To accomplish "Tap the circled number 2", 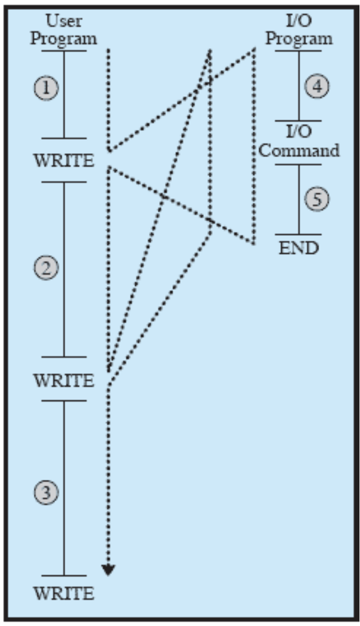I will (47, 268).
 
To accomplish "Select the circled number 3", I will (47, 493).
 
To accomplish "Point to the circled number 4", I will (316, 87).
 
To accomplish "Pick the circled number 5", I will (316, 199).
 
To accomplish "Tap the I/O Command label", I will (299, 143).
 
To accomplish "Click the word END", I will (299, 248).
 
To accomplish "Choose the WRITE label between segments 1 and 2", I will (64, 161).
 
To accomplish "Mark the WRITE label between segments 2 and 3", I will (64, 381).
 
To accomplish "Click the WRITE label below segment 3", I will (64, 593).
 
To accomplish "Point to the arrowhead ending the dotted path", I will (109, 570).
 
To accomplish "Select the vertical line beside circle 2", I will (64, 269).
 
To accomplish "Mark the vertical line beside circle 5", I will (299, 199).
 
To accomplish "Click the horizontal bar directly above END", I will (299, 235).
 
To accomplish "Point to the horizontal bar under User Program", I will (64, 51).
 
